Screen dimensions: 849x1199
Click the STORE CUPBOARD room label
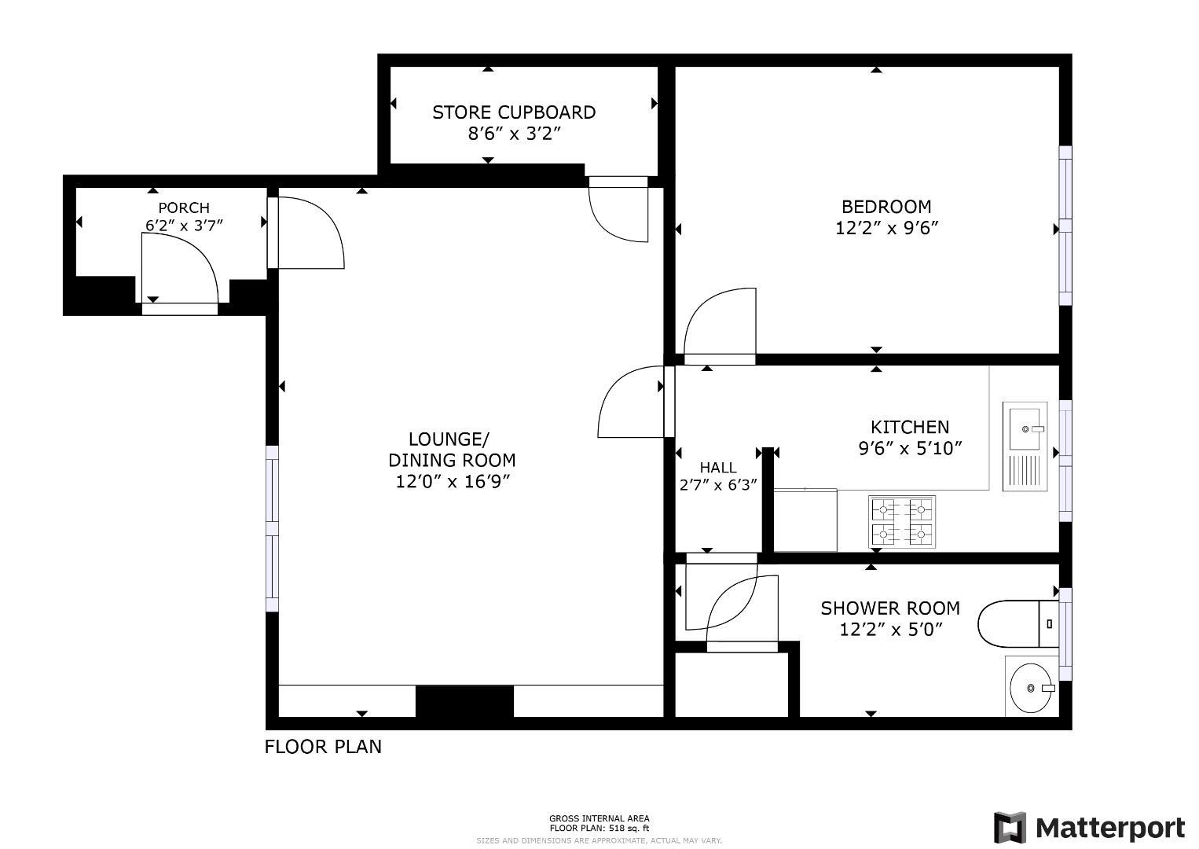(514, 112)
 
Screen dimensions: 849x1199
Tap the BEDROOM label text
(886, 207)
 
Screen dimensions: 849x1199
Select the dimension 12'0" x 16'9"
(453, 481)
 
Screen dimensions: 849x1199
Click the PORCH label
(184, 208)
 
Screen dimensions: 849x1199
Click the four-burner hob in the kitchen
(902, 522)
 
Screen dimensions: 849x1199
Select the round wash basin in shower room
(1031, 687)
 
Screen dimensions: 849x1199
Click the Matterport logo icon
(1010, 828)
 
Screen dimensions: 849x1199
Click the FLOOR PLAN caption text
(323, 747)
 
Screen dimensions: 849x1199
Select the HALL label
(718, 468)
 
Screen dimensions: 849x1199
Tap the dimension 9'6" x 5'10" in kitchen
(910, 449)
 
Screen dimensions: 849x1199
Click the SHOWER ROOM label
(890, 608)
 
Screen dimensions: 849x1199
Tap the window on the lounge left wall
(272, 528)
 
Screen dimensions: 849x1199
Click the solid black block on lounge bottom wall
(464, 701)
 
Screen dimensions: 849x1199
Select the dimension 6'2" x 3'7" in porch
(184, 226)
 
